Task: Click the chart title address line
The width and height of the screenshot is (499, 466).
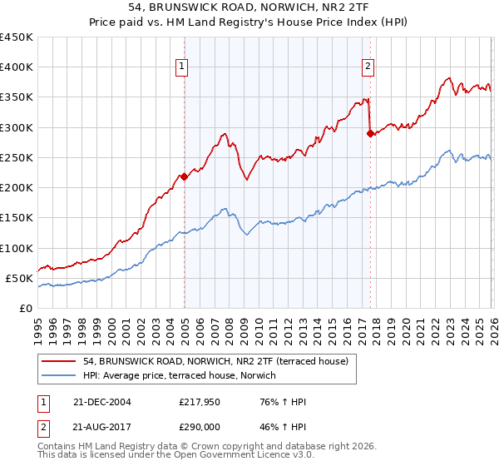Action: point(249,7)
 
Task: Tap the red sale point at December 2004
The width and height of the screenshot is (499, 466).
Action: point(185,176)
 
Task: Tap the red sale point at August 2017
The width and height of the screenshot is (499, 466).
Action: point(370,132)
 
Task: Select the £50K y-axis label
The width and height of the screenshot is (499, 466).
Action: point(19,278)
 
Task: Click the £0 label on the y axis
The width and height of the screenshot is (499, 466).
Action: point(25,308)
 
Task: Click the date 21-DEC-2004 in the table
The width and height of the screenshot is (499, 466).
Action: point(102,402)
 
